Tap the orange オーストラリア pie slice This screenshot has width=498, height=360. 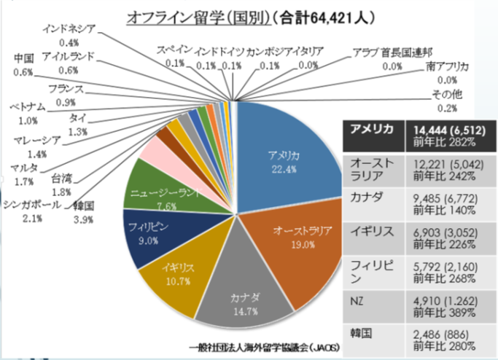coord(299,240)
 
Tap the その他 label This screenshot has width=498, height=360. coord(447,95)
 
